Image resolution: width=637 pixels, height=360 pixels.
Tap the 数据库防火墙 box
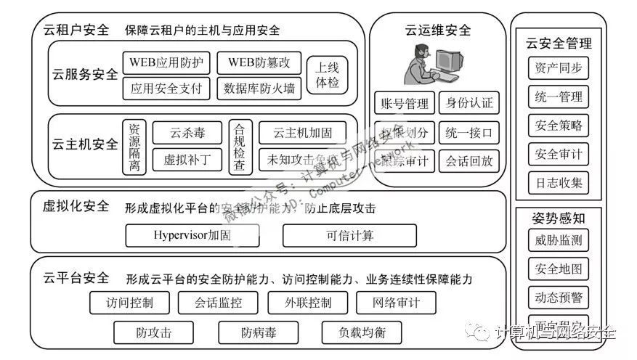(259, 89)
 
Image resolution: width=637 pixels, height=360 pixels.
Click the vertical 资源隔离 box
(134, 146)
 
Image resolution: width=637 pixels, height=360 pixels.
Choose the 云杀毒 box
(187, 133)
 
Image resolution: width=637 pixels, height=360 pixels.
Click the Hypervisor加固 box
(192, 235)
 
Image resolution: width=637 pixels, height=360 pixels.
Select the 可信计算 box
(349, 235)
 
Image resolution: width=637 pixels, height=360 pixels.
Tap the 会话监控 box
(219, 303)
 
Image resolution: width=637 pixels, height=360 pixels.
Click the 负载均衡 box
(361, 332)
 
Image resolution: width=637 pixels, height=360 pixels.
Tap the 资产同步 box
(558, 68)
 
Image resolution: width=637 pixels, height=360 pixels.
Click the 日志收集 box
(558, 182)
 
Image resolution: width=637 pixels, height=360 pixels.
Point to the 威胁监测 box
(558, 240)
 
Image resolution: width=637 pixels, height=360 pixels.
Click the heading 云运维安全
(438, 30)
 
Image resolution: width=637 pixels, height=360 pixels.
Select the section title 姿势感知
(558, 217)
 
